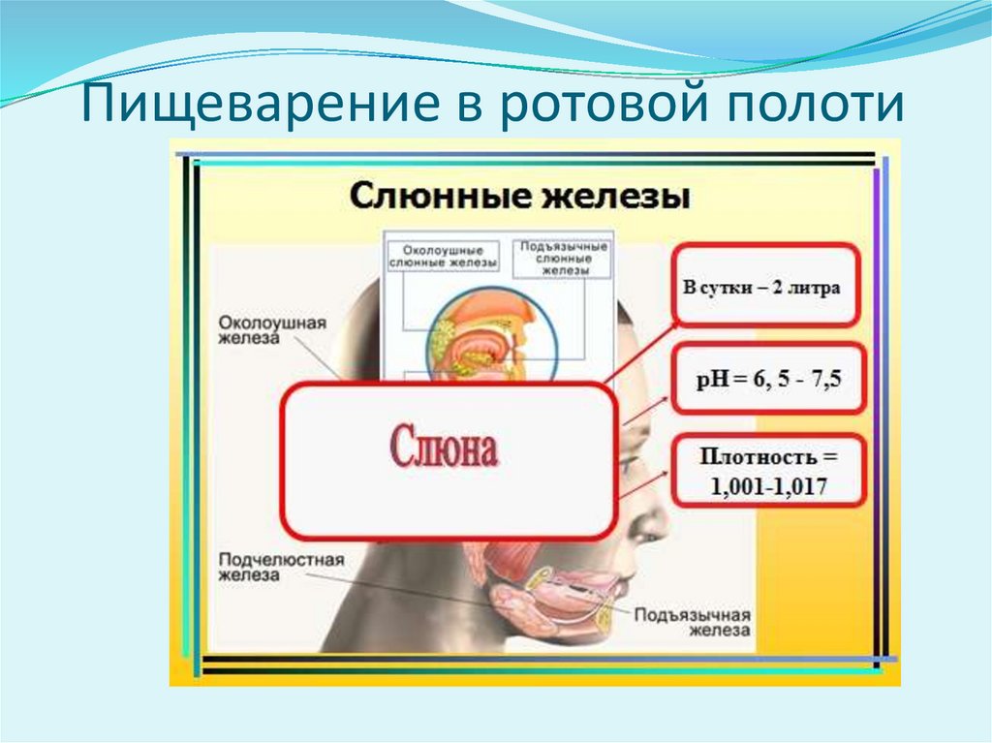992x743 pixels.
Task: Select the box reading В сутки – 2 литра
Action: click(764, 287)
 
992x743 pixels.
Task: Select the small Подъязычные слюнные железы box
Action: click(562, 259)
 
